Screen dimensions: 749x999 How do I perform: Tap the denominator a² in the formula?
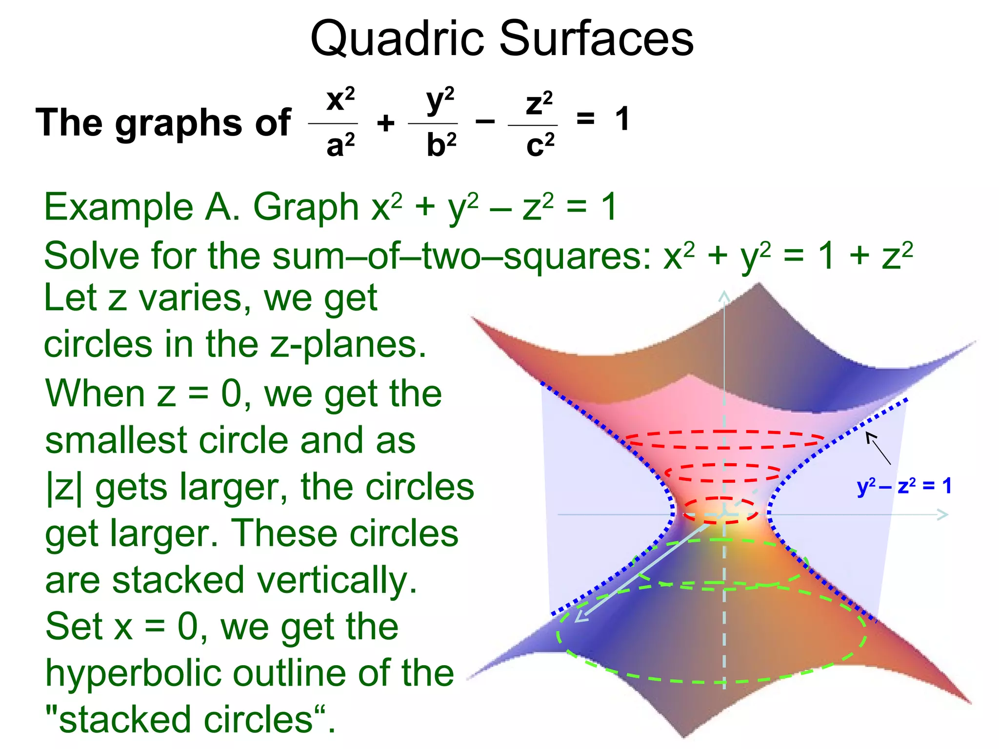[340, 145]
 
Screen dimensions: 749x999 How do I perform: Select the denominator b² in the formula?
[441, 145]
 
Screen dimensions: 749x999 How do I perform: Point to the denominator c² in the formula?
[540, 145]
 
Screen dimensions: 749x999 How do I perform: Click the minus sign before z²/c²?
[485, 121]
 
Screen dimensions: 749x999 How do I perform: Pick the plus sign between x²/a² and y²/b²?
[385, 122]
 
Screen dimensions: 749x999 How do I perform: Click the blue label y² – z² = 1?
[904, 486]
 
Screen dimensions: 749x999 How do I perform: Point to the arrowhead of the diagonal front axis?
[581, 617]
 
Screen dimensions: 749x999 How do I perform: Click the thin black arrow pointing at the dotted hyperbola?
[878, 448]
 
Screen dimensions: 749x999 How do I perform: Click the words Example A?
[142, 207]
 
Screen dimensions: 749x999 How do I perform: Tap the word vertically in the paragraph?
[337, 580]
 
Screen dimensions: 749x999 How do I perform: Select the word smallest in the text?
[116, 440]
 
